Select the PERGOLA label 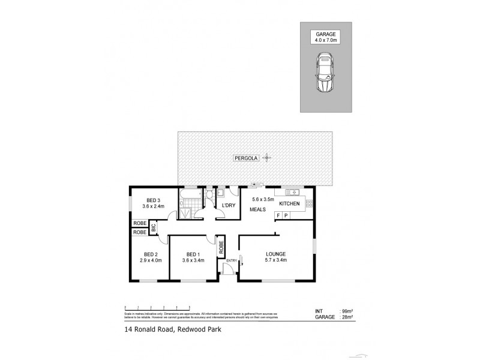point(246,158)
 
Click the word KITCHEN point(289,205)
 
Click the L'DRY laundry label point(229,206)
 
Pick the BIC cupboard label point(154,228)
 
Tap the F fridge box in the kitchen point(278,215)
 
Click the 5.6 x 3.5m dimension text point(262,199)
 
